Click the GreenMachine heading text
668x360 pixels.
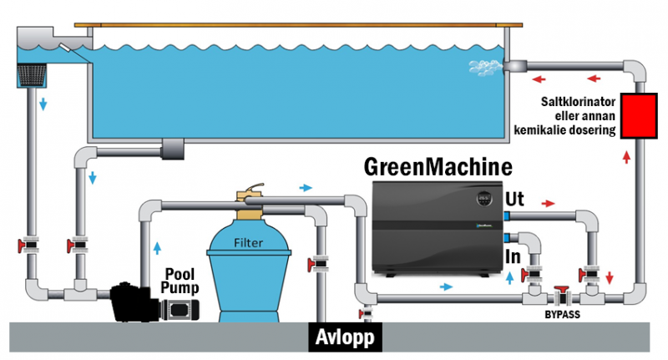pyautogui.click(x=438, y=165)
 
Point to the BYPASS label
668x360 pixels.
pyautogui.click(x=562, y=316)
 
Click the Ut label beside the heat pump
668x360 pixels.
pyautogui.click(x=515, y=200)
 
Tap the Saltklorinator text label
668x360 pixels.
pyautogui.click(x=577, y=117)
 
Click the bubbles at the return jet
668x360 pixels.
pyautogui.click(x=484, y=65)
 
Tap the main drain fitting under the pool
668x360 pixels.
pyautogui.click(x=176, y=148)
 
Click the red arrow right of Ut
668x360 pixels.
pyautogui.click(x=549, y=203)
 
